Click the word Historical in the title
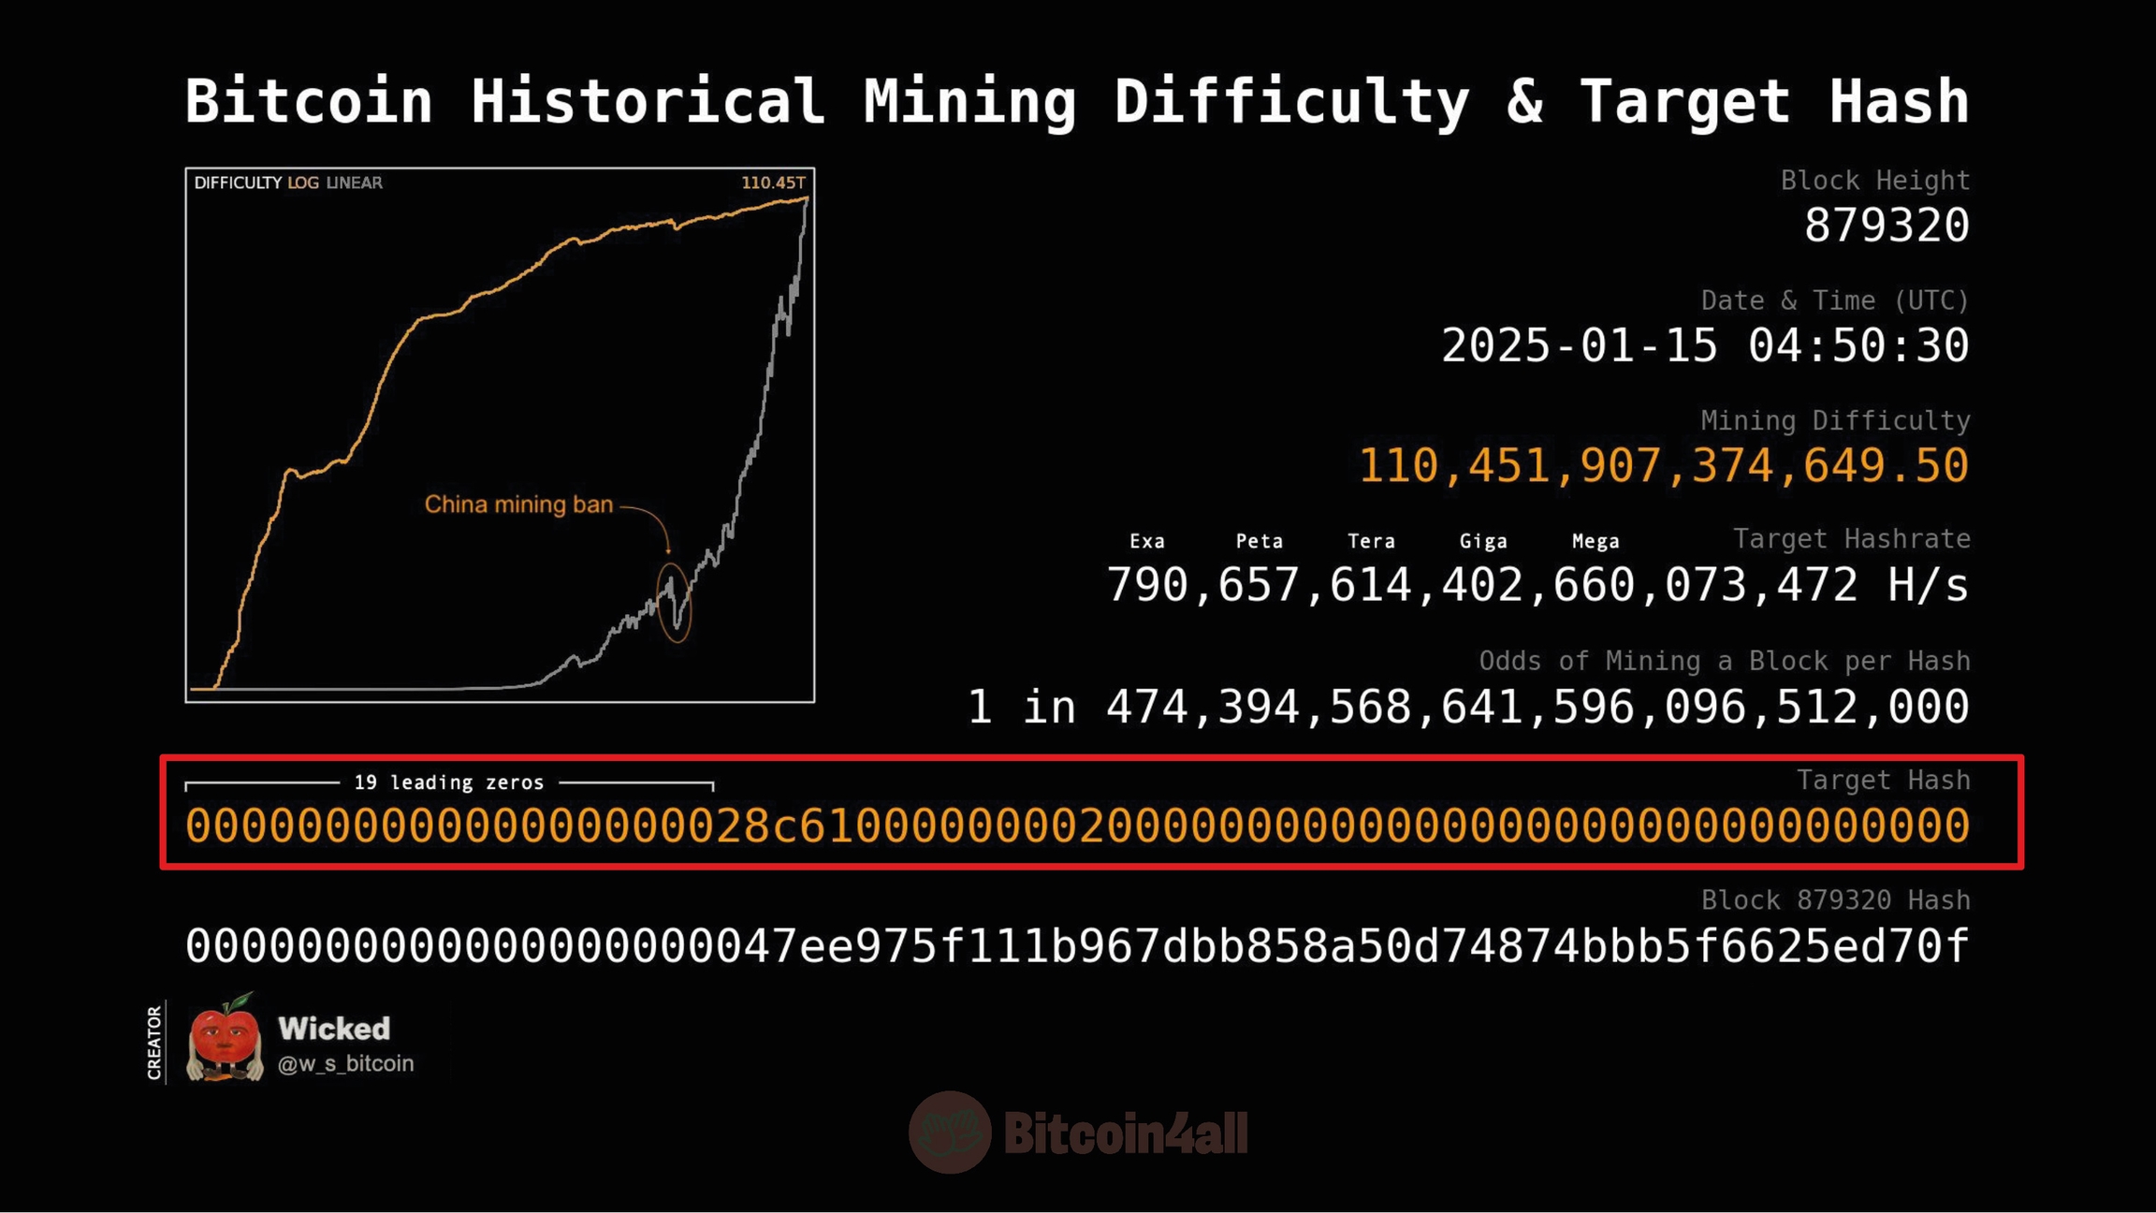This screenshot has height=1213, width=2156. [x=648, y=101]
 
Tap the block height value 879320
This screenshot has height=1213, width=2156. [x=1886, y=226]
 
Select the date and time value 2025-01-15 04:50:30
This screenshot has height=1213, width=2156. [x=1705, y=345]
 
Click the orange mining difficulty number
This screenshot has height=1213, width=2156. [x=1663, y=465]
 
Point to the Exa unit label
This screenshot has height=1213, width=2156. [x=1146, y=541]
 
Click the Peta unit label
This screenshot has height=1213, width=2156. [x=1259, y=541]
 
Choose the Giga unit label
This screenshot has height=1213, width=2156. [x=1483, y=541]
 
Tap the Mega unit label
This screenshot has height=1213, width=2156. [x=1595, y=541]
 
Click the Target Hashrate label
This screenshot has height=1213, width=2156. [x=1851, y=539]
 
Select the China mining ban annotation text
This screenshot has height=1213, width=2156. [x=518, y=504]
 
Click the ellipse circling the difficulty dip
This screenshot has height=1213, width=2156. [x=675, y=602]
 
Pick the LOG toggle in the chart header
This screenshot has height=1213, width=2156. [x=303, y=183]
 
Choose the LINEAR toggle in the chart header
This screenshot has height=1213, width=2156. [x=354, y=183]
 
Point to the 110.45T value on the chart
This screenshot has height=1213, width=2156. [x=773, y=183]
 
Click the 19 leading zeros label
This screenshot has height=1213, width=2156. [x=448, y=782]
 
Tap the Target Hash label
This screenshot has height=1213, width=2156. [x=1883, y=780]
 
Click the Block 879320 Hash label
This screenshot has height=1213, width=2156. [x=1835, y=899]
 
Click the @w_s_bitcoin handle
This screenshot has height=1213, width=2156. [x=345, y=1063]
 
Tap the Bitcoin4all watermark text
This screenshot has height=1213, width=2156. [x=1125, y=1133]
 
